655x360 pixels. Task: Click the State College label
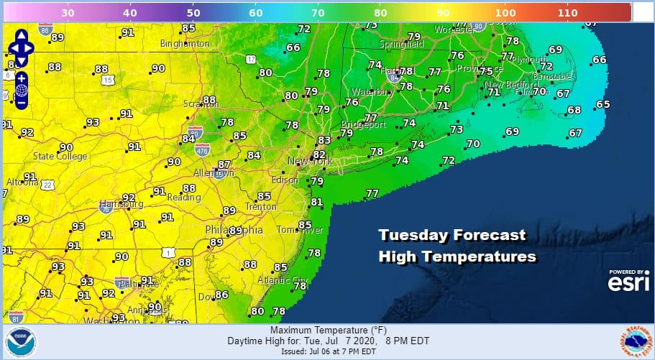pyautogui.click(x=60, y=156)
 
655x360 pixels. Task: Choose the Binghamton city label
pyautogui.click(x=185, y=43)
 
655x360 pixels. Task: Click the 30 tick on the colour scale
pyautogui.click(x=68, y=12)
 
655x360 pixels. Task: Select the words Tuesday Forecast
pyautogui.click(x=452, y=235)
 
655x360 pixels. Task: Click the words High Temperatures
pyautogui.click(x=457, y=256)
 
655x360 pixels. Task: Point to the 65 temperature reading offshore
pyautogui.click(x=603, y=105)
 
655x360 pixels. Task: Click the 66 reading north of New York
pyautogui.click(x=293, y=48)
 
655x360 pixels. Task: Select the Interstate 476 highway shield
pyautogui.click(x=202, y=149)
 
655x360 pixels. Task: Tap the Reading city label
pyautogui.click(x=183, y=197)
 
